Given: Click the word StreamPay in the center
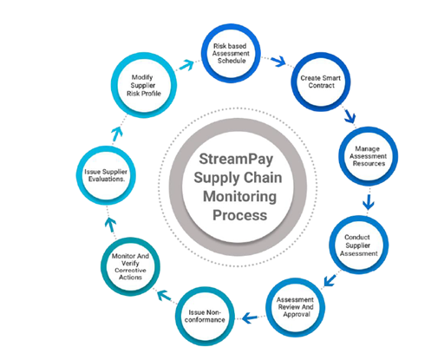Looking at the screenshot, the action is (236, 160).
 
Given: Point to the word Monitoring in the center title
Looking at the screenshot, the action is (239, 197).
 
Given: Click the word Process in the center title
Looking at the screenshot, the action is (239, 215).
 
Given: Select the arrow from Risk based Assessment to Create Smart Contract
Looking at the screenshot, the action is (278, 61).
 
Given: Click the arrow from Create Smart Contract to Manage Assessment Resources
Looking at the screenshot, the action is (349, 115).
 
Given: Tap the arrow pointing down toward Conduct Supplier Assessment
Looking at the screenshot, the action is (369, 202).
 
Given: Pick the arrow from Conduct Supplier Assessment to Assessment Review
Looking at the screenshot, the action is (330, 280).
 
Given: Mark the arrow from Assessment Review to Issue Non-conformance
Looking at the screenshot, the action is (250, 318).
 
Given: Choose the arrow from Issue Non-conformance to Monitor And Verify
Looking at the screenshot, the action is (164, 295).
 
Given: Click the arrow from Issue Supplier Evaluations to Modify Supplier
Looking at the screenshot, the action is (117, 134).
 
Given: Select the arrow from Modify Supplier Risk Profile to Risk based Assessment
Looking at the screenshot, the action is (186, 65).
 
